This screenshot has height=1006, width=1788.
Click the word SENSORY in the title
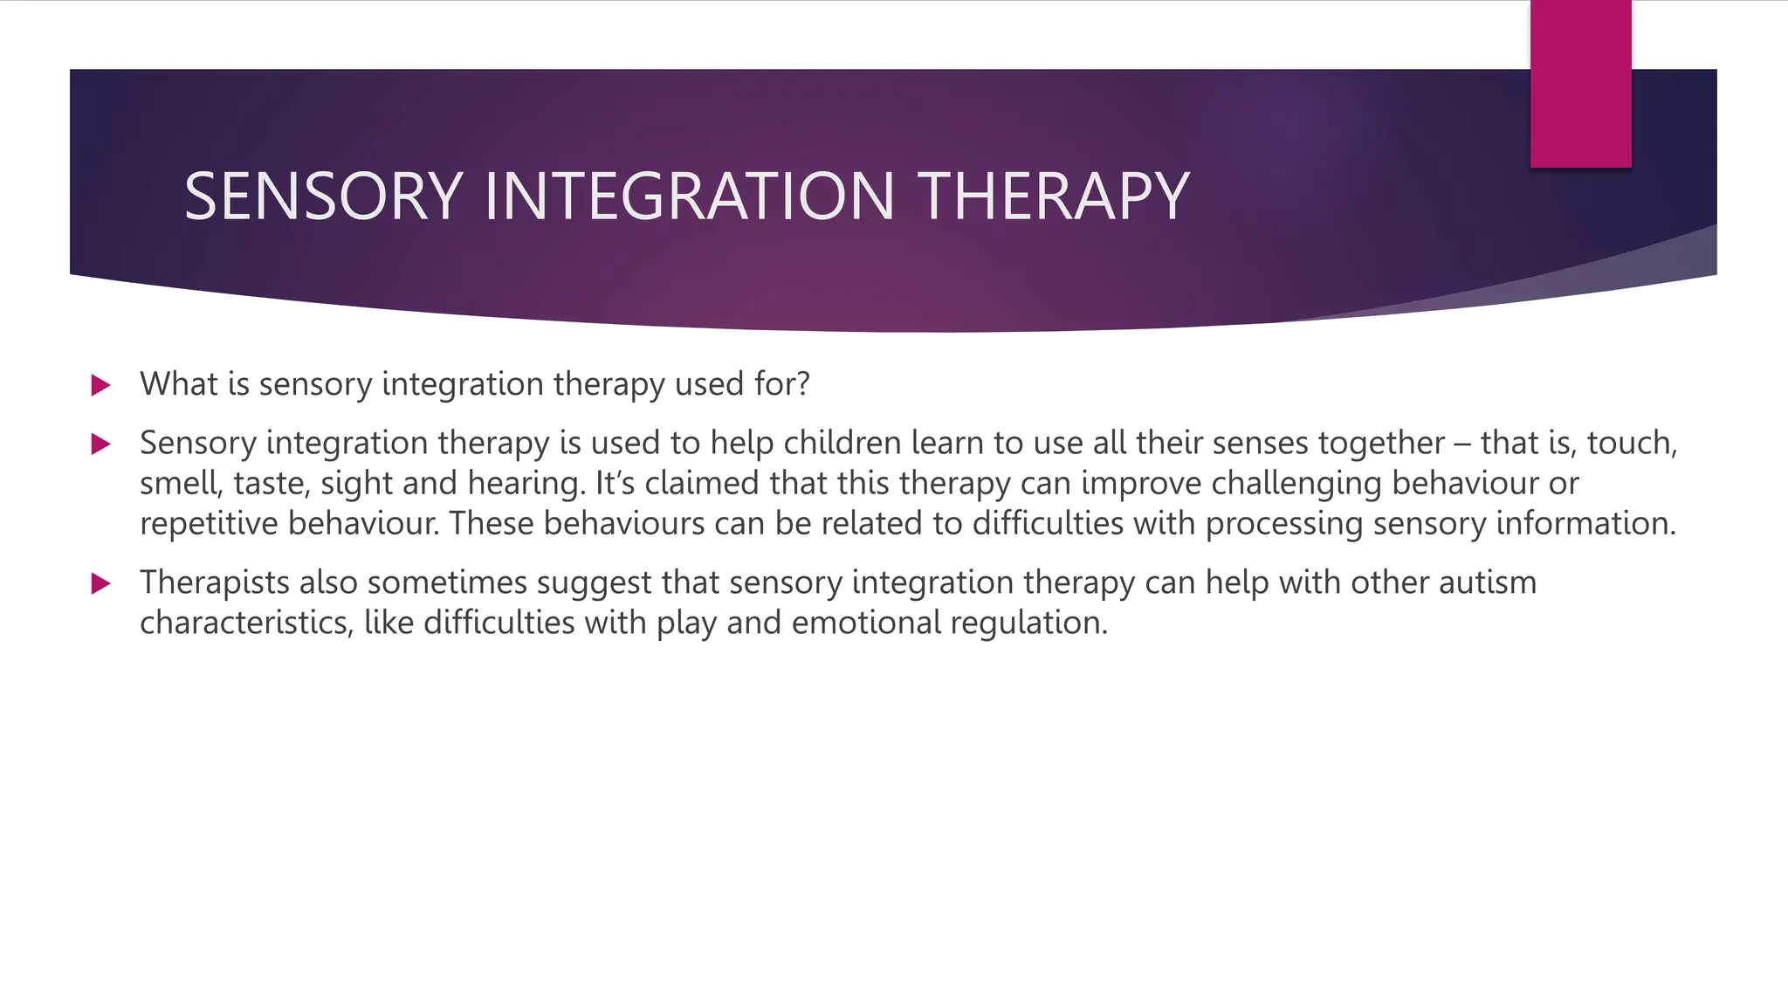coord(322,196)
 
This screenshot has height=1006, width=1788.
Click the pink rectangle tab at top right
coord(1580,84)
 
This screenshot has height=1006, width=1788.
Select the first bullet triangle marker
coord(100,385)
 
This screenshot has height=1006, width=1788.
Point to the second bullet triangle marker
coord(100,444)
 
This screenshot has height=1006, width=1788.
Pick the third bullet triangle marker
coord(100,583)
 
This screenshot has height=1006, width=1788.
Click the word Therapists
coord(214,582)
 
